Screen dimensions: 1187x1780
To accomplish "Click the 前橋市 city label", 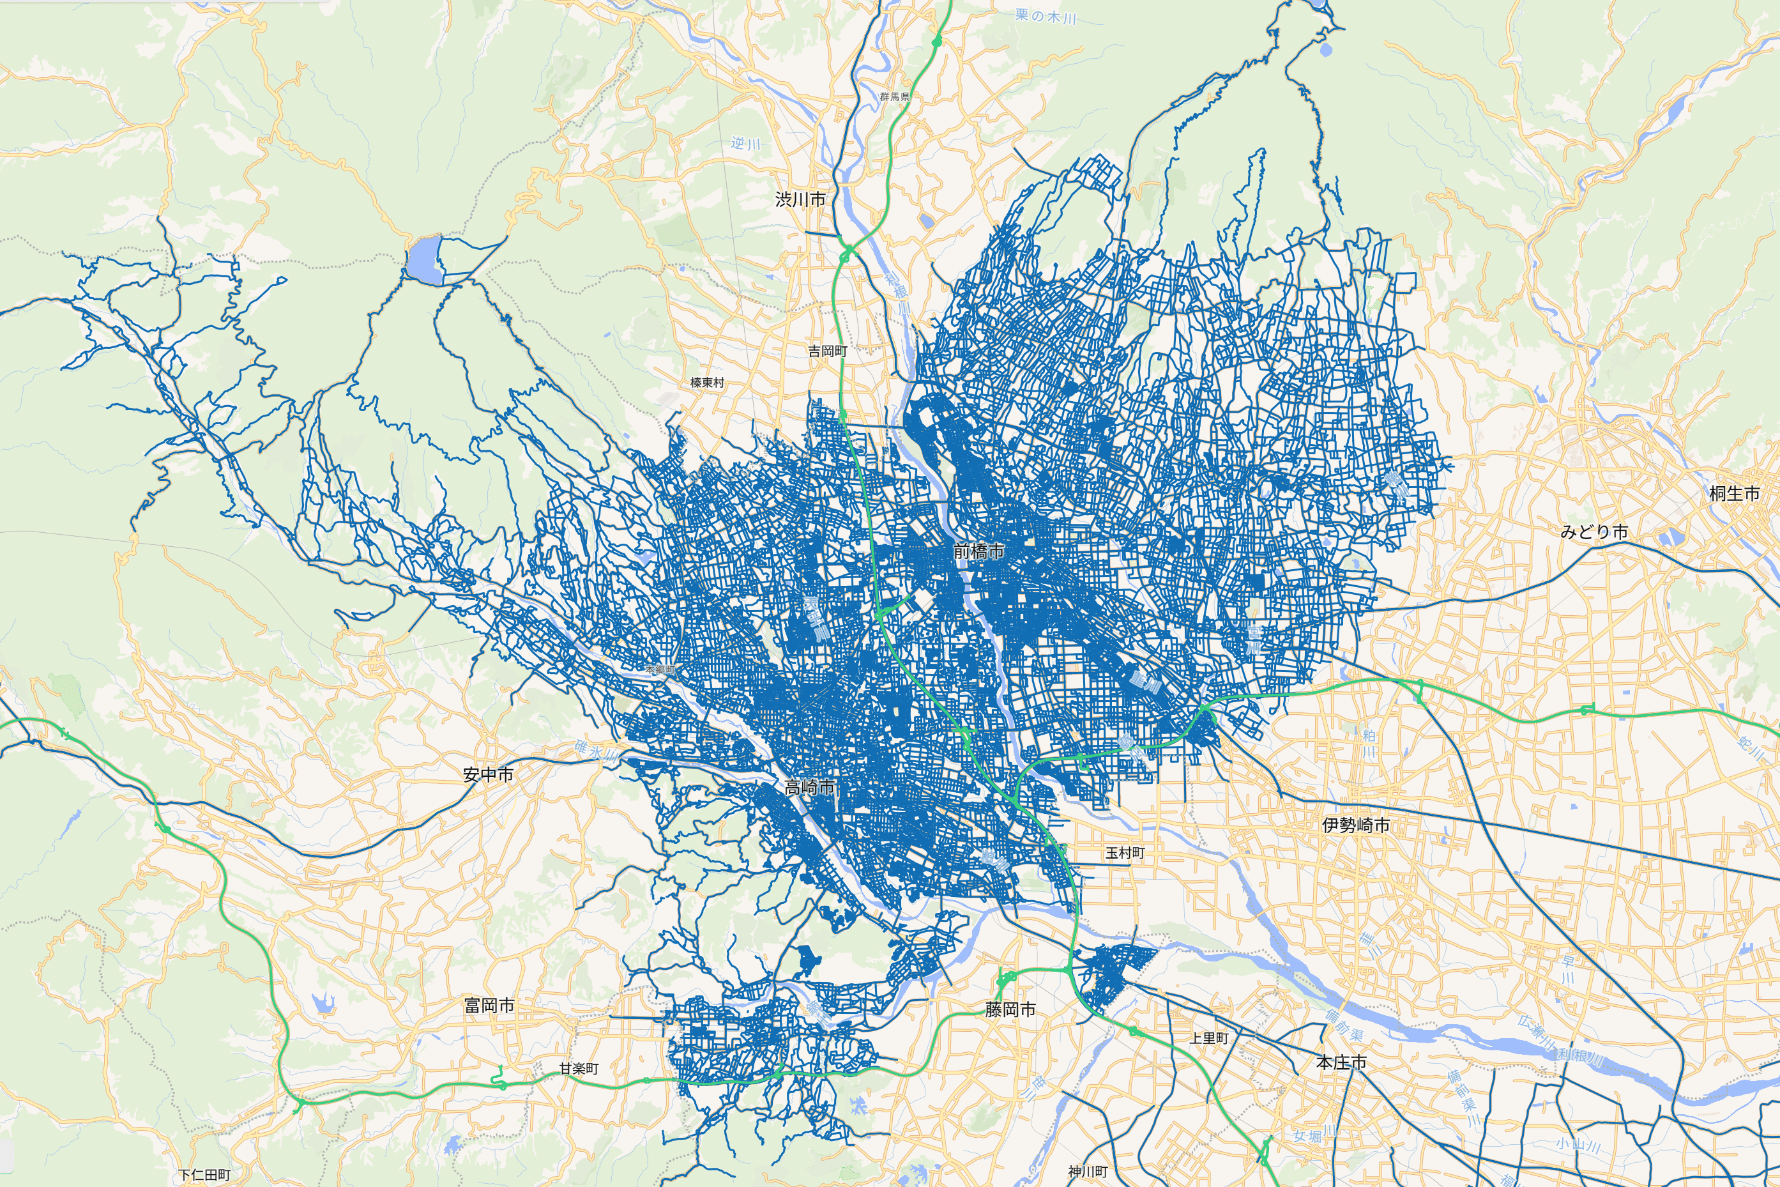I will click(978, 551).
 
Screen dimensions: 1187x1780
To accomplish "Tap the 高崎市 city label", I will click(809, 787).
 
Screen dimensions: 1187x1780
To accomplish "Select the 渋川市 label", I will click(800, 199).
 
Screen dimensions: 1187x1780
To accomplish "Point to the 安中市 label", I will click(488, 774).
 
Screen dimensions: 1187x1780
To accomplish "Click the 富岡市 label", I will click(489, 1006).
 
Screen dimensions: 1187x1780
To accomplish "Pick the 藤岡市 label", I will click(1010, 1009).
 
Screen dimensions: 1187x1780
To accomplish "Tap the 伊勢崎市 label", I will click(1356, 825).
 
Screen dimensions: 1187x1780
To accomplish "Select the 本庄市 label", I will click(1342, 1063).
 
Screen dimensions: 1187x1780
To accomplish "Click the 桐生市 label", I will click(1735, 494).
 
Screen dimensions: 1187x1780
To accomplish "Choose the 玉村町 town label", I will click(1125, 853).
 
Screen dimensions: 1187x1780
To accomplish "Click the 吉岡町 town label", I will click(827, 351).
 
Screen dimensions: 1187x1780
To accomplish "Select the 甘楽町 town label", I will click(579, 1068).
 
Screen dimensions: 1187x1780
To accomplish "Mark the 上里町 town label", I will click(1208, 1038).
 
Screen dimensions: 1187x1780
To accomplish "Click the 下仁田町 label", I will click(204, 1175).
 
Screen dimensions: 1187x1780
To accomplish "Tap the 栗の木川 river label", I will click(1045, 17).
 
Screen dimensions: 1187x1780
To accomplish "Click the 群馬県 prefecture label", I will click(895, 97).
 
